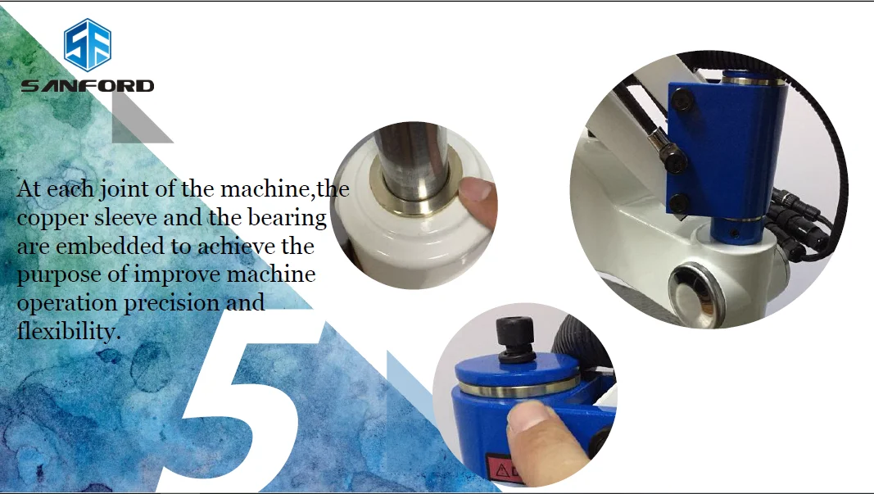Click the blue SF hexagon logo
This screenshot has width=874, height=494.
point(88,44)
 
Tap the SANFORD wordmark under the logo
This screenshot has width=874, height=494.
point(88,86)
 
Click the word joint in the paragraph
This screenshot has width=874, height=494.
point(125,189)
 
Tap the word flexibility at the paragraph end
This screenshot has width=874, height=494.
point(69,331)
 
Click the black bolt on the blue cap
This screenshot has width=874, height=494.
point(515,341)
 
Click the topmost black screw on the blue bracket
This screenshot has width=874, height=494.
point(682,101)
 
